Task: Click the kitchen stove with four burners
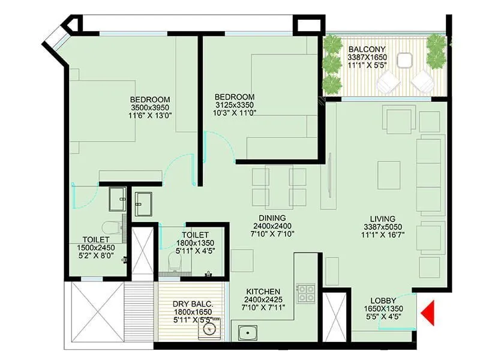(306, 293)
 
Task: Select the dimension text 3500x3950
(150, 108)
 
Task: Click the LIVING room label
(382, 218)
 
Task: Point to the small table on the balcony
(405, 60)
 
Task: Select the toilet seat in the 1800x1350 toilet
(173, 260)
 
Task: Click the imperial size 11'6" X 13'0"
(150, 116)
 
